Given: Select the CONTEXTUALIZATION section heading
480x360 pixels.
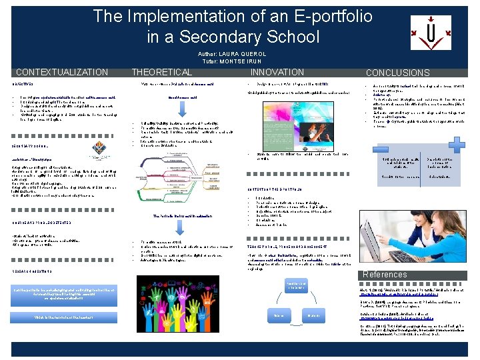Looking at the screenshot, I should tap(61, 72).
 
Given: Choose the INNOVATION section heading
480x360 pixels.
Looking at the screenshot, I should tap(277, 72).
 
